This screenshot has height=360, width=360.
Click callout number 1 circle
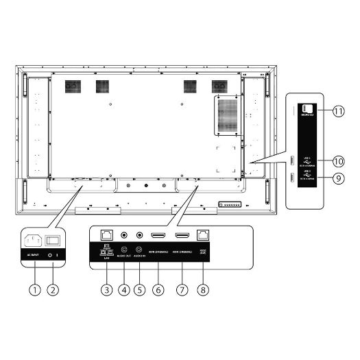pos(32,289)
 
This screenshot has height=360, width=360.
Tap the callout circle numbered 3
pos(107,289)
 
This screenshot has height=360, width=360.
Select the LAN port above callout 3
pos(107,235)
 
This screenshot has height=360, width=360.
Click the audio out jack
pos(124,235)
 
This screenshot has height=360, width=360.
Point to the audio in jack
pos(141,235)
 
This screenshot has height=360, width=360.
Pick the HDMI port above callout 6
pos(158,235)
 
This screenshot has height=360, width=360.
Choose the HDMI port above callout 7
pos(183,235)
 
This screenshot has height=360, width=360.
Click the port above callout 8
pos(202,235)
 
